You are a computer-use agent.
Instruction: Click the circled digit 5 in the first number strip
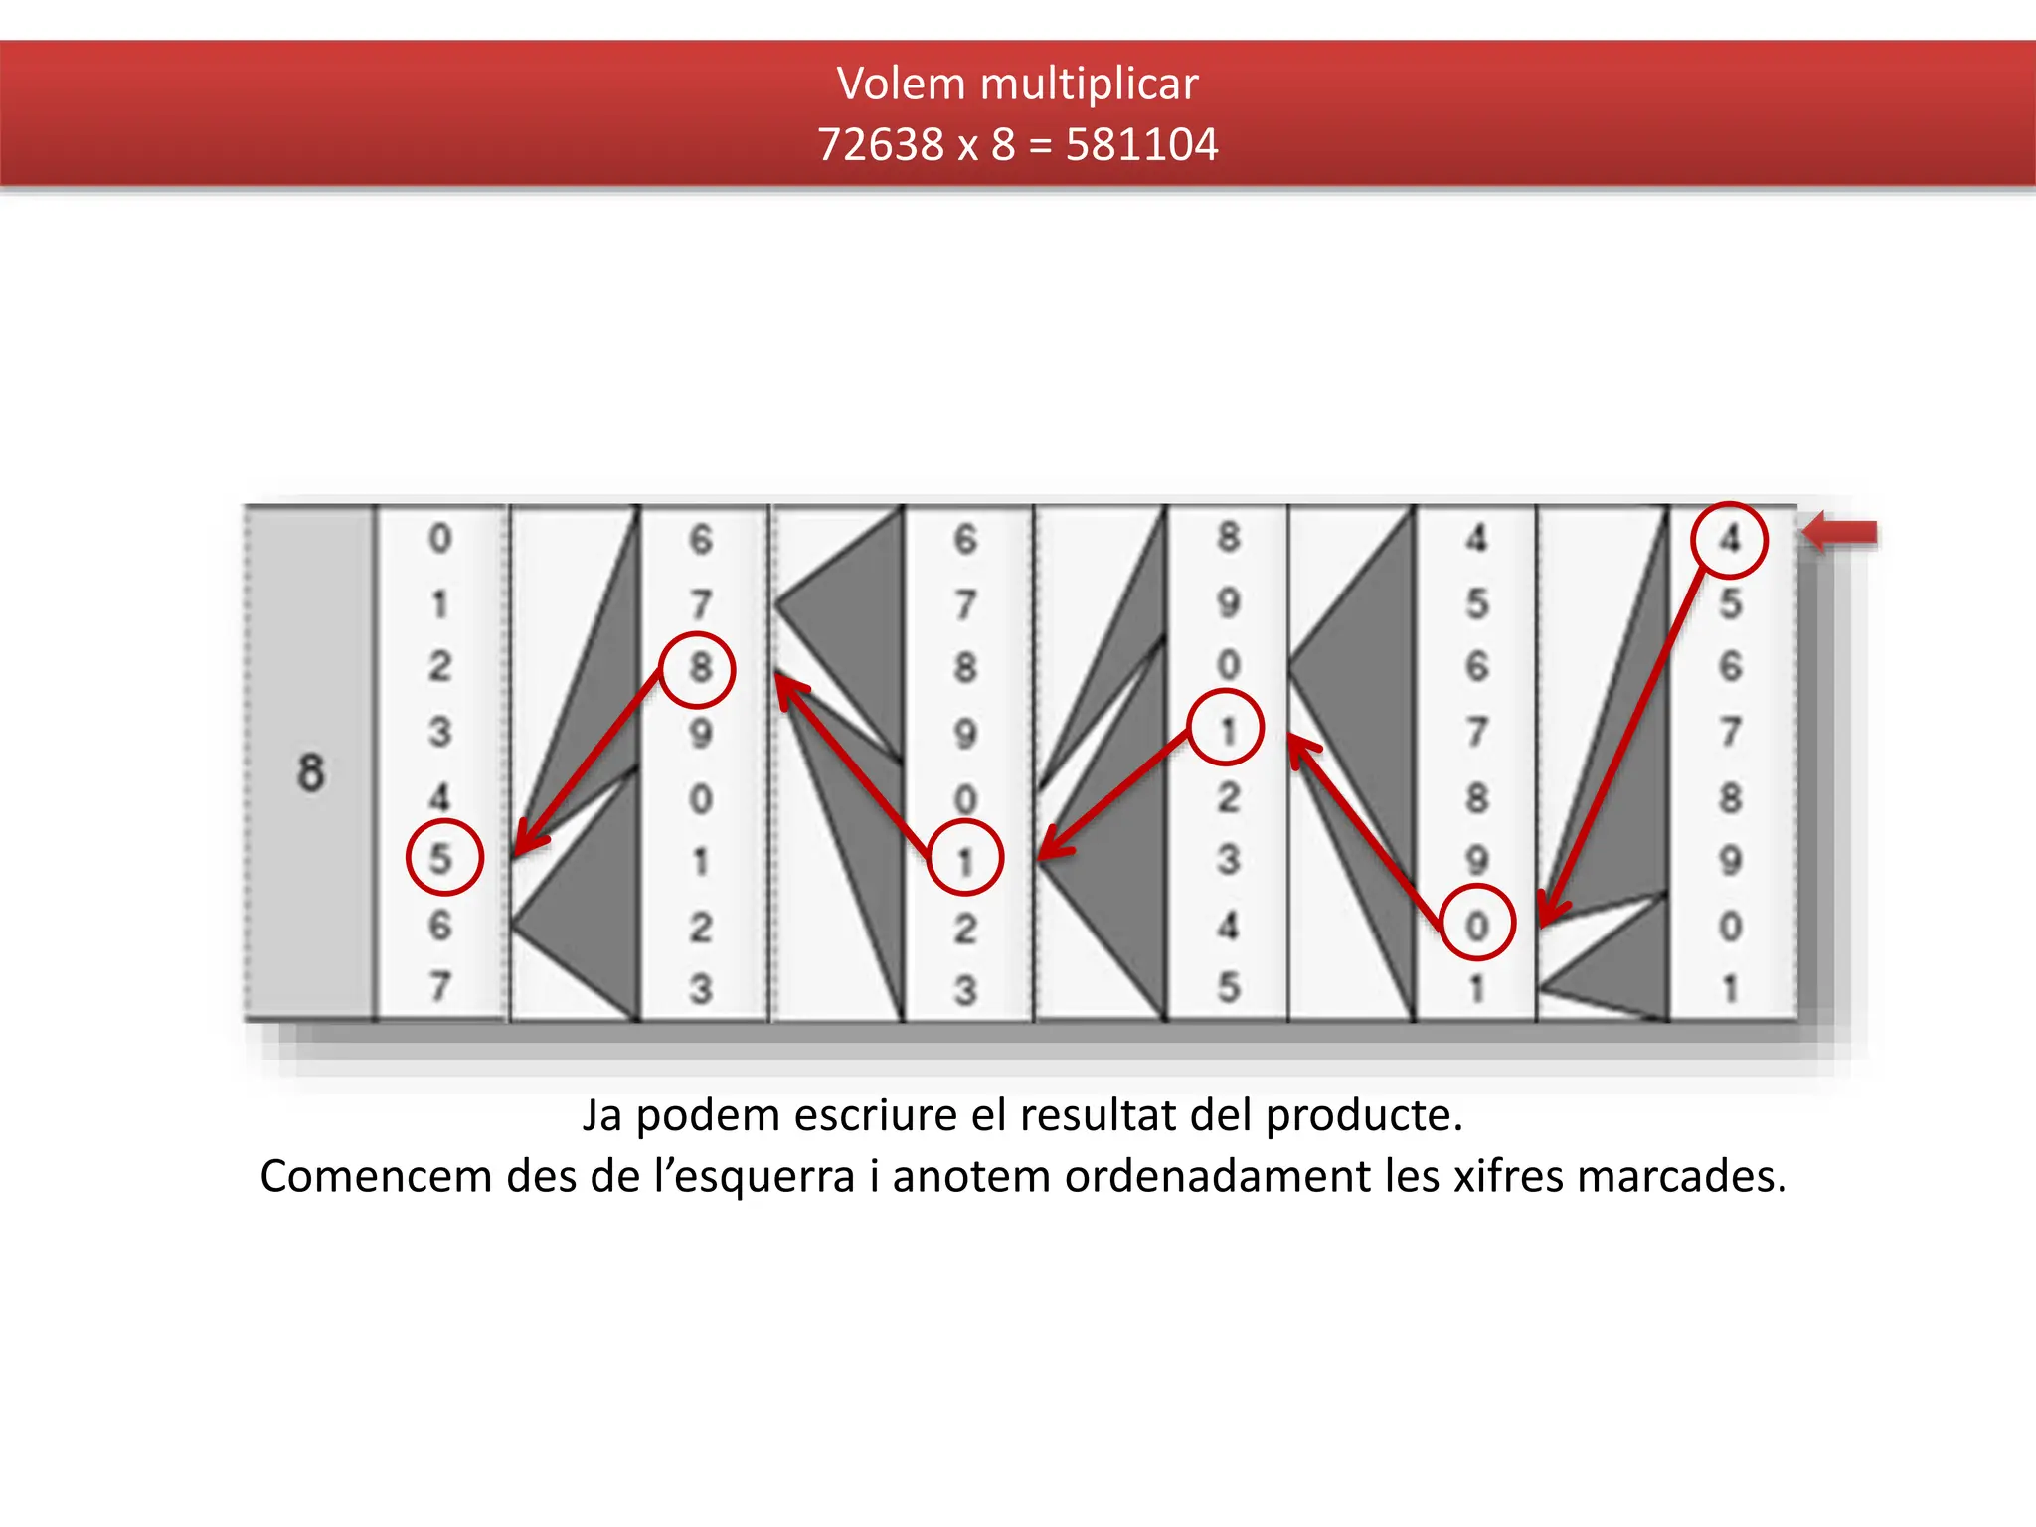pyautogui.click(x=443, y=857)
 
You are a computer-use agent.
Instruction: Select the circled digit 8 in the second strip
pyautogui.click(x=699, y=668)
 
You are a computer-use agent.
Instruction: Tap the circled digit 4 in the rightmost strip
pyautogui.click(x=1729, y=540)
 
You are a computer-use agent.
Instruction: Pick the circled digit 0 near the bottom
pyautogui.click(x=1477, y=923)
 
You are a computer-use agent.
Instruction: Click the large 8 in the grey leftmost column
pyautogui.click(x=310, y=772)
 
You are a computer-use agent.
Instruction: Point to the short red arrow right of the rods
pyautogui.click(x=1840, y=533)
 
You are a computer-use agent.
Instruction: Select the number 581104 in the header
pyautogui.click(x=1141, y=145)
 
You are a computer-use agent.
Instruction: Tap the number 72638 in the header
pyautogui.click(x=880, y=145)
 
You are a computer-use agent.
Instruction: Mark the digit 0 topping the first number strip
pyautogui.click(x=439, y=539)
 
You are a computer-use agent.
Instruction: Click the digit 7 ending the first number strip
pyautogui.click(x=439, y=986)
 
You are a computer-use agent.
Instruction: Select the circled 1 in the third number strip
pyautogui.click(x=964, y=858)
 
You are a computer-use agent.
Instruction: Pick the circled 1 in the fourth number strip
pyautogui.click(x=1226, y=729)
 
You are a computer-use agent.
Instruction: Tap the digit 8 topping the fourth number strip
pyautogui.click(x=1229, y=538)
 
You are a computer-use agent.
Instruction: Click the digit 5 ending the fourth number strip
pyautogui.click(x=1229, y=986)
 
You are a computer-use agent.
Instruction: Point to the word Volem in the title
pyautogui.click(x=901, y=84)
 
